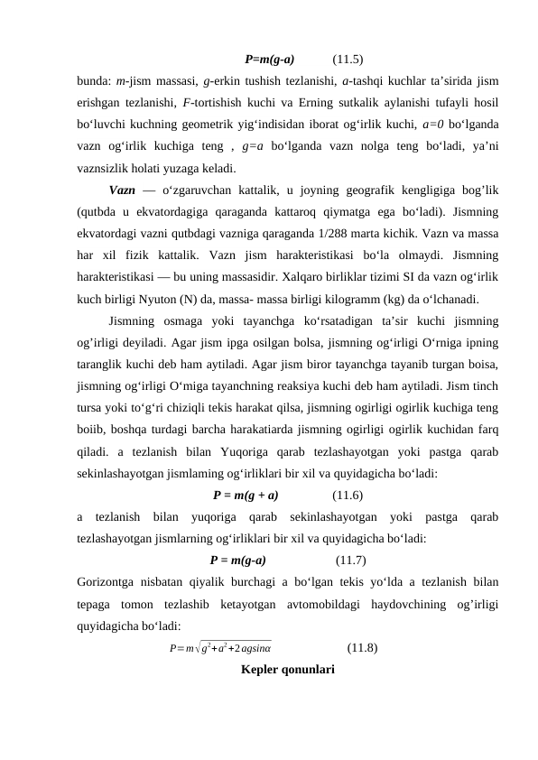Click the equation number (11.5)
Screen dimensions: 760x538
(348, 61)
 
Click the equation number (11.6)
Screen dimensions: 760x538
(348, 495)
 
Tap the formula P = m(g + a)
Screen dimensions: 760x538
(246, 495)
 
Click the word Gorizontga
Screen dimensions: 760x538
(108, 581)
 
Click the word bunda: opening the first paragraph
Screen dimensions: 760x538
(95, 83)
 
